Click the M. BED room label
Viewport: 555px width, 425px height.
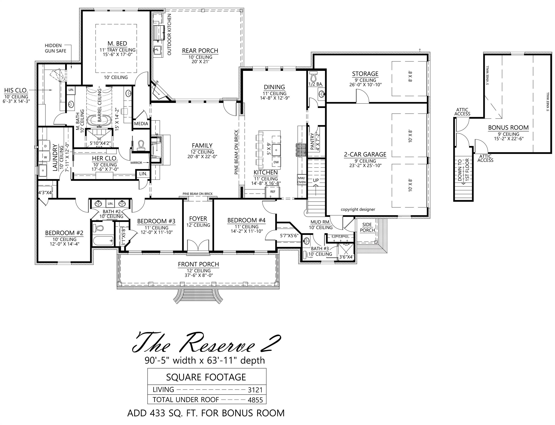pyautogui.click(x=117, y=44)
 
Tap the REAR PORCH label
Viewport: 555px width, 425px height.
pyautogui.click(x=200, y=51)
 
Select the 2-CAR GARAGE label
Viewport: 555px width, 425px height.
pyautogui.click(x=365, y=154)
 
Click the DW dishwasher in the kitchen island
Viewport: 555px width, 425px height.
pyautogui.click(x=276, y=162)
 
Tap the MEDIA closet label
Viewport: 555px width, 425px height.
pyautogui.click(x=141, y=124)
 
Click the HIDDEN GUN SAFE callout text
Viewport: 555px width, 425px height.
pyautogui.click(x=55, y=48)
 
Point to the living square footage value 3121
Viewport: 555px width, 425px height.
pyautogui.click(x=255, y=390)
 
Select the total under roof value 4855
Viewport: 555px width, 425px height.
pyautogui.click(x=255, y=400)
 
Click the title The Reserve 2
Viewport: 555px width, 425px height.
pyautogui.click(x=206, y=343)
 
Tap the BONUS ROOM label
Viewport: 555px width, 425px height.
pyautogui.click(x=508, y=128)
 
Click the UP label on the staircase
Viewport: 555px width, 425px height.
pyautogui.click(x=316, y=180)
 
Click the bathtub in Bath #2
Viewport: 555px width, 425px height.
pyautogui.click(x=103, y=240)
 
